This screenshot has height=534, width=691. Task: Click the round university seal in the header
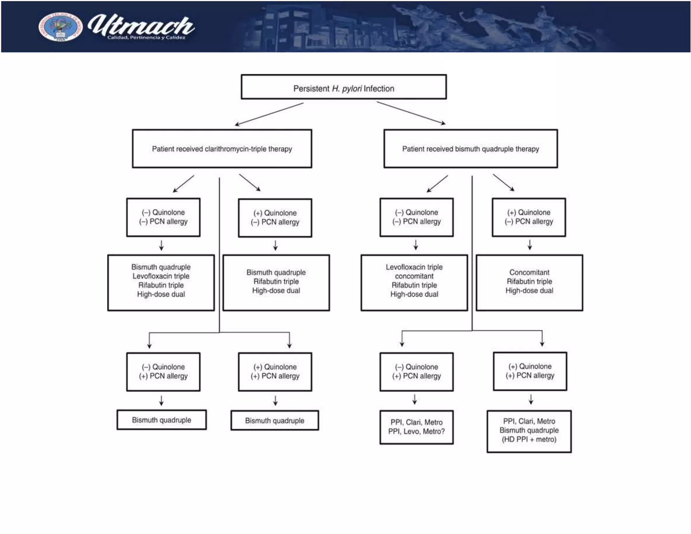pyautogui.click(x=60, y=27)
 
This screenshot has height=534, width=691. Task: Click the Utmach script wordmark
pyautogui.click(x=141, y=25)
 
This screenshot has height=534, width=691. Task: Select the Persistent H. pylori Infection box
pyautogui.click(x=343, y=87)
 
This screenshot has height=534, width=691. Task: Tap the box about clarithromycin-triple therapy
pyautogui.click(x=222, y=149)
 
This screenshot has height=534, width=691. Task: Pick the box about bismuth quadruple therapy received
pyautogui.click(x=470, y=149)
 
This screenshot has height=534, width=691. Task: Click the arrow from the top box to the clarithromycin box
pyautogui.click(x=269, y=114)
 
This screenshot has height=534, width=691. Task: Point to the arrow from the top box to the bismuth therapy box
pyautogui.click(x=411, y=113)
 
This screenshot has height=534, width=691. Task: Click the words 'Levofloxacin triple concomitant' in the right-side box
pyautogui.click(x=414, y=271)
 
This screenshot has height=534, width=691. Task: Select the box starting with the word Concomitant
pyautogui.click(x=529, y=283)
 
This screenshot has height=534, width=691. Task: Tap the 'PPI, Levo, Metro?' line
pyautogui.click(x=416, y=431)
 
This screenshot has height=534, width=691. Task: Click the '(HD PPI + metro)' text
pyautogui.click(x=529, y=439)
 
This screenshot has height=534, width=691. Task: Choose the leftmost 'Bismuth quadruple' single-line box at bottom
pyautogui.click(x=161, y=420)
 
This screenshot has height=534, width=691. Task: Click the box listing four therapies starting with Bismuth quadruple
pyautogui.click(x=161, y=283)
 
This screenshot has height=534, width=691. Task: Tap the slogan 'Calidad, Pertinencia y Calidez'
pyautogui.click(x=146, y=37)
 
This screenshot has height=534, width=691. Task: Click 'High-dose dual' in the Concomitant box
pyautogui.click(x=529, y=291)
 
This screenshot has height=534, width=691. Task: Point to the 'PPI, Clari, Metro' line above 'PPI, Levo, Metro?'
pyautogui.click(x=416, y=422)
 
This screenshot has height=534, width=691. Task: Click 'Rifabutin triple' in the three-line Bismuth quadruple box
pyautogui.click(x=276, y=282)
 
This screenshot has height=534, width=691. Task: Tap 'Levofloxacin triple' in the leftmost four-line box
pyautogui.click(x=161, y=276)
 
